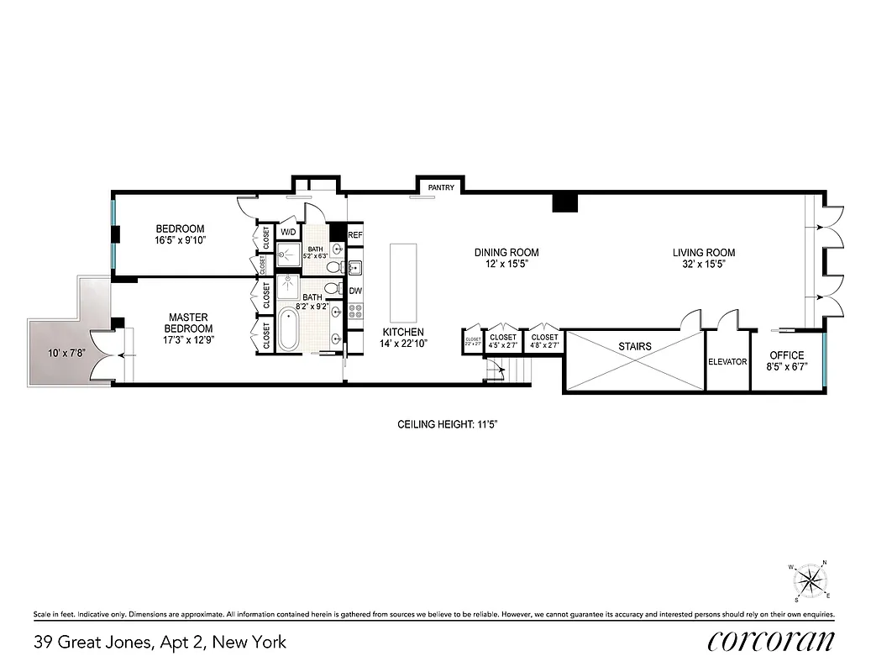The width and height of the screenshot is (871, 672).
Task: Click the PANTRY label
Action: click(441, 187)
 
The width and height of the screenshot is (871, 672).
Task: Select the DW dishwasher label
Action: click(354, 291)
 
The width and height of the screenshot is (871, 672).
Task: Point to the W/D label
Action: click(287, 232)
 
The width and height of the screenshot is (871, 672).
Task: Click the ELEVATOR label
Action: click(727, 362)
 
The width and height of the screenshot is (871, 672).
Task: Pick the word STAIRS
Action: click(634, 346)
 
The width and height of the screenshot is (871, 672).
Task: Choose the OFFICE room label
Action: click(786, 355)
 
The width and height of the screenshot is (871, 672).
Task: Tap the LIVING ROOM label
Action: click(703, 252)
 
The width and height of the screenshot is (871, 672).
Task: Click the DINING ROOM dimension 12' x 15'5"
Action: click(506, 264)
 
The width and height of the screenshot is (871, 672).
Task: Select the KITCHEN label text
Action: click(403, 332)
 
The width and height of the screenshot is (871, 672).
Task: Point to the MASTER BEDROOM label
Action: click(188, 323)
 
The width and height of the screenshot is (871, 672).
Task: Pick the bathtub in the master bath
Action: click(287, 331)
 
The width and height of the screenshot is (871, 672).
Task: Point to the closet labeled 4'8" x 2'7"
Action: click(543, 340)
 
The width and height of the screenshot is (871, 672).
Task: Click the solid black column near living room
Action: click(564, 202)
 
